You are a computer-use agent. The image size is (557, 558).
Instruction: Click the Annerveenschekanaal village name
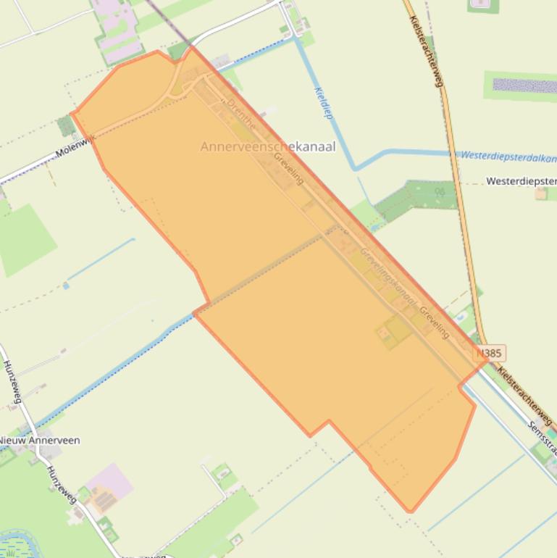coord(267,146)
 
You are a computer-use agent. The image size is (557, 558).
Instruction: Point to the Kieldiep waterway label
coord(323,103)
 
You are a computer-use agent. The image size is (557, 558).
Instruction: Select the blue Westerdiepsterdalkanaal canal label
coord(508,157)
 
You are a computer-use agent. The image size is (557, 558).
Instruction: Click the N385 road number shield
coord(490,354)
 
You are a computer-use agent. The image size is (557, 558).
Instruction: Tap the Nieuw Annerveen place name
coord(39,440)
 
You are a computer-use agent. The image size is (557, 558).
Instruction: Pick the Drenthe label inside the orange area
coord(241,114)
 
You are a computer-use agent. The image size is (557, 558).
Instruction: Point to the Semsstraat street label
coord(543,435)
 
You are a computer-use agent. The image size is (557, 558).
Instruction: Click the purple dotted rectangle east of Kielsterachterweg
coord(524,86)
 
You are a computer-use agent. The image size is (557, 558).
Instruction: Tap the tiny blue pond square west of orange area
coord(66,286)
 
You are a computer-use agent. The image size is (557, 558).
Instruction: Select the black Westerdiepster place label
coord(521,180)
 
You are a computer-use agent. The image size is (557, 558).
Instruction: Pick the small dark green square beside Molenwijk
coord(67,126)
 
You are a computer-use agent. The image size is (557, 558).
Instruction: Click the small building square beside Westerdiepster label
coord(541,193)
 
